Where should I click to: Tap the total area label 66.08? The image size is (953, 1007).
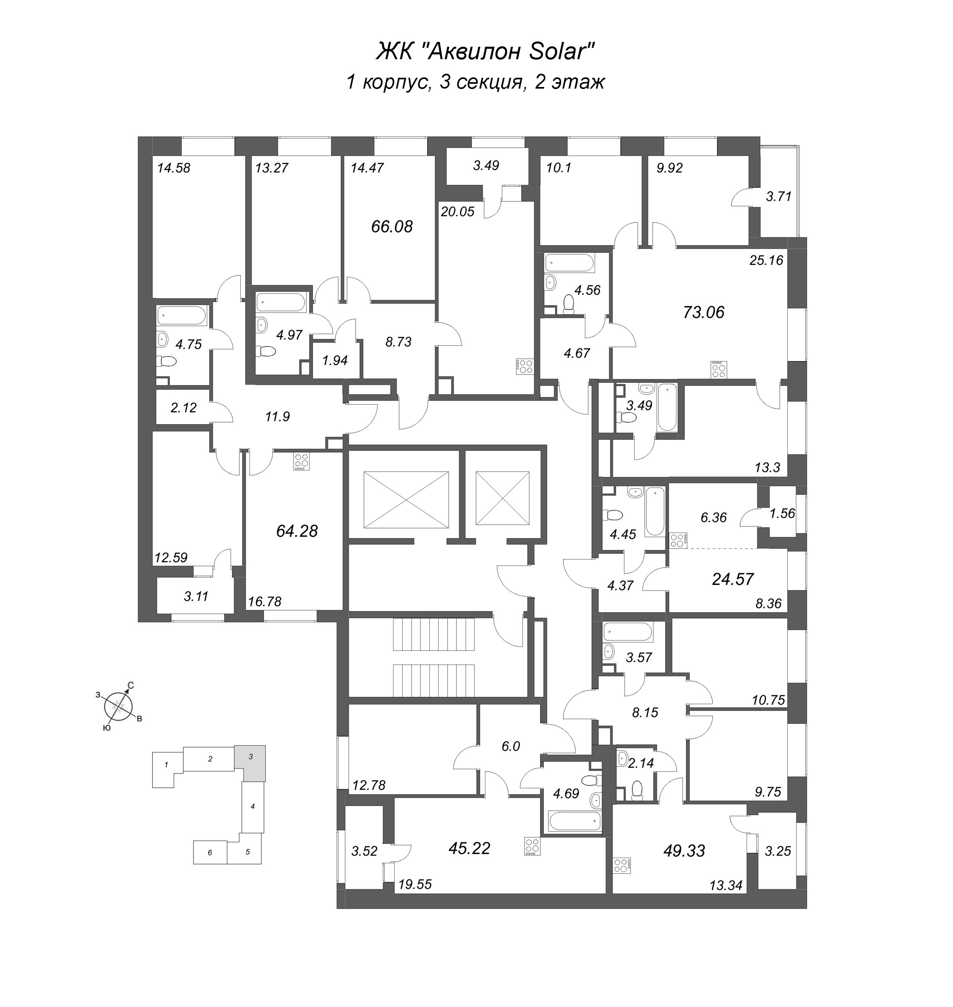tap(392, 226)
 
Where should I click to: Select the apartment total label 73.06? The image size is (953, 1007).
tap(703, 312)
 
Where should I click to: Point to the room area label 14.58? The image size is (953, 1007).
tap(174, 168)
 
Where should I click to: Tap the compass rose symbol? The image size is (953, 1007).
tap(119, 706)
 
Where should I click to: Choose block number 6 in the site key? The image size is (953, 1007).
tap(210, 853)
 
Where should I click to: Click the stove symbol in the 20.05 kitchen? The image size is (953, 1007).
tap(524, 366)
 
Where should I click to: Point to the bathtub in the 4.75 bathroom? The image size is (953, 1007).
tap(181, 316)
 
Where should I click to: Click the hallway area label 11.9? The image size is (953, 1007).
tap(277, 417)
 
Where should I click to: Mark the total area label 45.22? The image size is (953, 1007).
tap(469, 848)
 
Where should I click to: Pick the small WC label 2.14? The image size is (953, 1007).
tap(641, 763)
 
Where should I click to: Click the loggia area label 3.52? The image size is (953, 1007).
tap(364, 851)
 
